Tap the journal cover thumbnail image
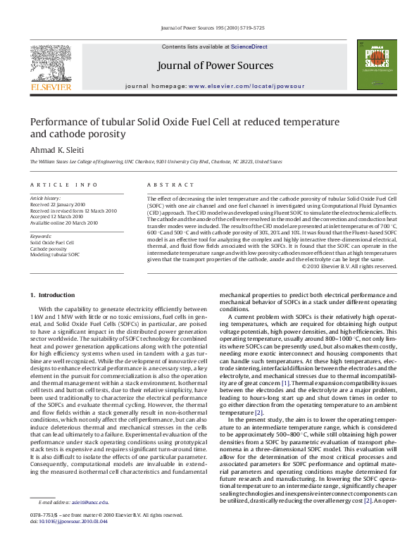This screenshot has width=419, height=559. (373, 64)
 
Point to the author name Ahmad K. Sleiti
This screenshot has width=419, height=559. (57, 149)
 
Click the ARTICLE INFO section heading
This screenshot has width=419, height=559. (63, 184)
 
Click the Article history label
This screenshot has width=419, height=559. (45, 199)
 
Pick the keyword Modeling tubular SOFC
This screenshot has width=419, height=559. (55, 254)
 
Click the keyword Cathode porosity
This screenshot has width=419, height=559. (48, 249)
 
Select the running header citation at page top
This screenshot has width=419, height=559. (213, 27)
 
